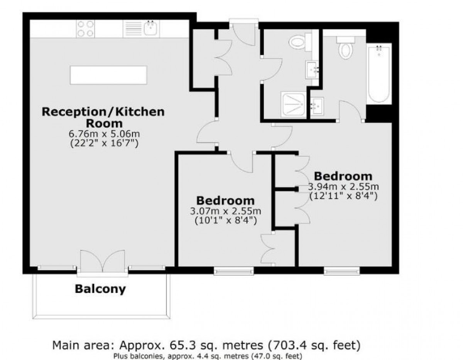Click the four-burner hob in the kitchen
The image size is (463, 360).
click(x=85, y=29)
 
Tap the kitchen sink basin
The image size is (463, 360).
click(x=150, y=28)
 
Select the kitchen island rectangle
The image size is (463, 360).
click(x=109, y=75)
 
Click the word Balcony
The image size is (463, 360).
click(x=100, y=289)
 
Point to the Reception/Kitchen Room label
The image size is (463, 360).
click(x=103, y=118)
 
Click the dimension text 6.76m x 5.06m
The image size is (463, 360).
click(x=104, y=134)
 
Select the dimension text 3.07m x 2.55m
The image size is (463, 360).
click(x=226, y=211)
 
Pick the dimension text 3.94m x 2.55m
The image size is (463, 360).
click(x=343, y=187)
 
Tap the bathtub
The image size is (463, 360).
click(x=379, y=74)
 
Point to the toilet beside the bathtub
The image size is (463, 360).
click(x=346, y=48)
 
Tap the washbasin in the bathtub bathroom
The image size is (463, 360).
click(x=317, y=106)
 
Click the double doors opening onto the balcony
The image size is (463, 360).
click(x=103, y=261)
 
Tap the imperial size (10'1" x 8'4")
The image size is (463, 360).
click(x=226, y=220)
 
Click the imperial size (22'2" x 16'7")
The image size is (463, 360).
click(x=104, y=143)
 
